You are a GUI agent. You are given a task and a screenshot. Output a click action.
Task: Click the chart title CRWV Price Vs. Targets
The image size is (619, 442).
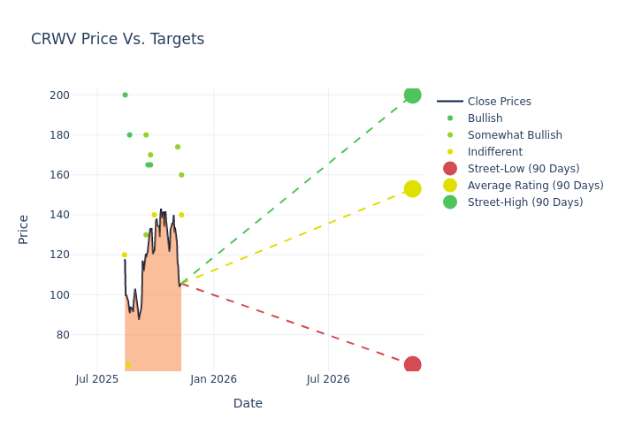click(x=118, y=39)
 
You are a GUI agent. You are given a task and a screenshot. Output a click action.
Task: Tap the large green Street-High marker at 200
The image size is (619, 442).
click(x=412, y=95)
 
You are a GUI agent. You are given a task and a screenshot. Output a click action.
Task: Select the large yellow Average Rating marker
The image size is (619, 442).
click(x=412, y=188)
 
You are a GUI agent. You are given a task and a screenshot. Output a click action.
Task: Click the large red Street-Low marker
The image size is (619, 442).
click(x=412, y=364)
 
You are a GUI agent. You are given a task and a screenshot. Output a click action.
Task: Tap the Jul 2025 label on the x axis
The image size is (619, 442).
click(x=97, y=379)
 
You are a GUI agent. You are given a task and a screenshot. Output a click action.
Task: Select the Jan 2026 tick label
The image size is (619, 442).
click(x=213, y=379)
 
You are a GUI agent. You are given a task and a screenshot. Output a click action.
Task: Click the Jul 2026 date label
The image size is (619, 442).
click(x=328, y=379)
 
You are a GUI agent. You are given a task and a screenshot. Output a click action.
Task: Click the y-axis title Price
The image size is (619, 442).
click(x=24, y=229)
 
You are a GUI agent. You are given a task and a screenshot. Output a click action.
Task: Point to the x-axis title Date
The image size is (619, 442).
click(x=248, y=403)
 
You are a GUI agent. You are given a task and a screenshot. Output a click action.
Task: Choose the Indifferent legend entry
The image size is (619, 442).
click(x=494, y=152)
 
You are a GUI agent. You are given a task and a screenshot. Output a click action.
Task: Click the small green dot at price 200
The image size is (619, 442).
click(x=125, y=95)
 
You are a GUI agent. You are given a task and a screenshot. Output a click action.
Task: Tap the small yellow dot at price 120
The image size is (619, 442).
click(x=124, y=255)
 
